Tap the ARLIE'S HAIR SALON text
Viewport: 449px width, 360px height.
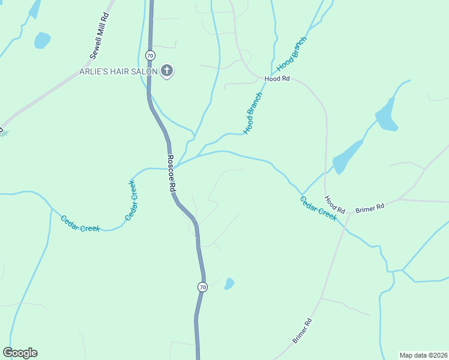click(118, 72)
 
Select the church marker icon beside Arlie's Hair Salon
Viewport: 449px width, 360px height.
click(167, 72)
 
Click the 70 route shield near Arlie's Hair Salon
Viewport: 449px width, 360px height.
click(150, 55)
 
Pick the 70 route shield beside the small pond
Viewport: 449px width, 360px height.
click(202, 287)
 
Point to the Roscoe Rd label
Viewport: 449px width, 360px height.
click(172, 173)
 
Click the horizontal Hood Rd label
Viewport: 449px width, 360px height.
click(277, 79)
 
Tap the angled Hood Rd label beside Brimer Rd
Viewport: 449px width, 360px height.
click(335, 205)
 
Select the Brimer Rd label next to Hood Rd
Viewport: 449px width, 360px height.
click(370, 208)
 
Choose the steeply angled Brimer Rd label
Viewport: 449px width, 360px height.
click(303, 331)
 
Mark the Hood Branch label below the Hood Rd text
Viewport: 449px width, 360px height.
click(253, 113)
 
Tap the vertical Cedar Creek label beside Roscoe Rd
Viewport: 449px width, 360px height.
click(131, 200)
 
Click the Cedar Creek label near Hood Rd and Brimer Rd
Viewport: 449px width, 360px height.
click(319, 209)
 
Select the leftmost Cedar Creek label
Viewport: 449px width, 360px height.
click(80, 223)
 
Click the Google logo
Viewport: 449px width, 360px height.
click(20, 353)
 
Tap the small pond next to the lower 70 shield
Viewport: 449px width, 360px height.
click(229, 284)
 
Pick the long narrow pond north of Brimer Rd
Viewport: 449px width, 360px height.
click(348, 156)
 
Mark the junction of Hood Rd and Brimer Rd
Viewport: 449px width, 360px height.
click(349, 213)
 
